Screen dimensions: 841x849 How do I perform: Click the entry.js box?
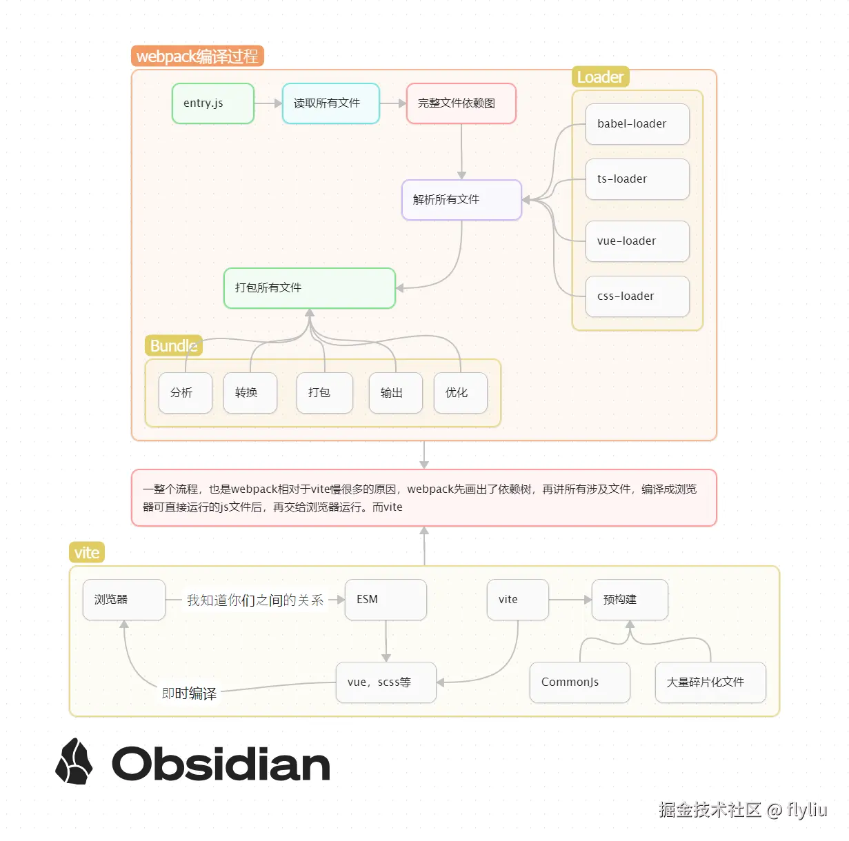pyautogui.click(x=213, y=103)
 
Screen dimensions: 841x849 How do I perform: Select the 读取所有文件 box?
pyautogui.click(x=331, y=103)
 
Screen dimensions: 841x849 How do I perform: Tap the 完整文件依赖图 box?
pyautogui.click(x=461, y=103)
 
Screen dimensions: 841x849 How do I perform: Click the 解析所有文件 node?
pyautogui.click(x=461, y=200)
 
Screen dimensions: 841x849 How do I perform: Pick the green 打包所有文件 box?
pyautogui.click(x=310, y=288)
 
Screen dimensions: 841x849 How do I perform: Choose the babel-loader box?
pyautogui.click(x=637, y=124)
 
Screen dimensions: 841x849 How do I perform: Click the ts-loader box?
pyautogui.click(x=637, y=179)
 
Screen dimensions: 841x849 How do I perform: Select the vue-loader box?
pyautogui.click(x=637, y=241)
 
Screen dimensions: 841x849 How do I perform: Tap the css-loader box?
pyautogui.click(x=637, y=296)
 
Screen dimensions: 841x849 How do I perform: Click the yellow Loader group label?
pyautogui.click(x=600, y=77)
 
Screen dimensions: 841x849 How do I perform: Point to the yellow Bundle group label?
pyautogui.click(x=173, y=345)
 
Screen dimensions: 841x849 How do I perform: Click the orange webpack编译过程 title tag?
pyautogui.click(x=197, y=57)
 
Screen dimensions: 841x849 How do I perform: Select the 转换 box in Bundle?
pyautogui.click(x=250, y=393)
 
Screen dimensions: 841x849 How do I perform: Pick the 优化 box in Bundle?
pyautogui.click(x=461, y=393)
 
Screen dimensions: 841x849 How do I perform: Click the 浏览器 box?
pyautogui.click(x=124, y=600)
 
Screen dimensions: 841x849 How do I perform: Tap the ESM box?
pyautogui.click(x=386, y=600)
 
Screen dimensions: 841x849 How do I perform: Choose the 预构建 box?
pyautogui.click(x=630, y=600)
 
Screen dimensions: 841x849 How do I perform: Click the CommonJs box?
pyautogui.click(x=580, y=682)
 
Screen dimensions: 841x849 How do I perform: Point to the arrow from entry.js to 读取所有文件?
pyautogui.click(x=268, y=103)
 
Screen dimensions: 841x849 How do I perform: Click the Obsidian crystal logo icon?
pyautogui.click(x=74, y=762)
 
